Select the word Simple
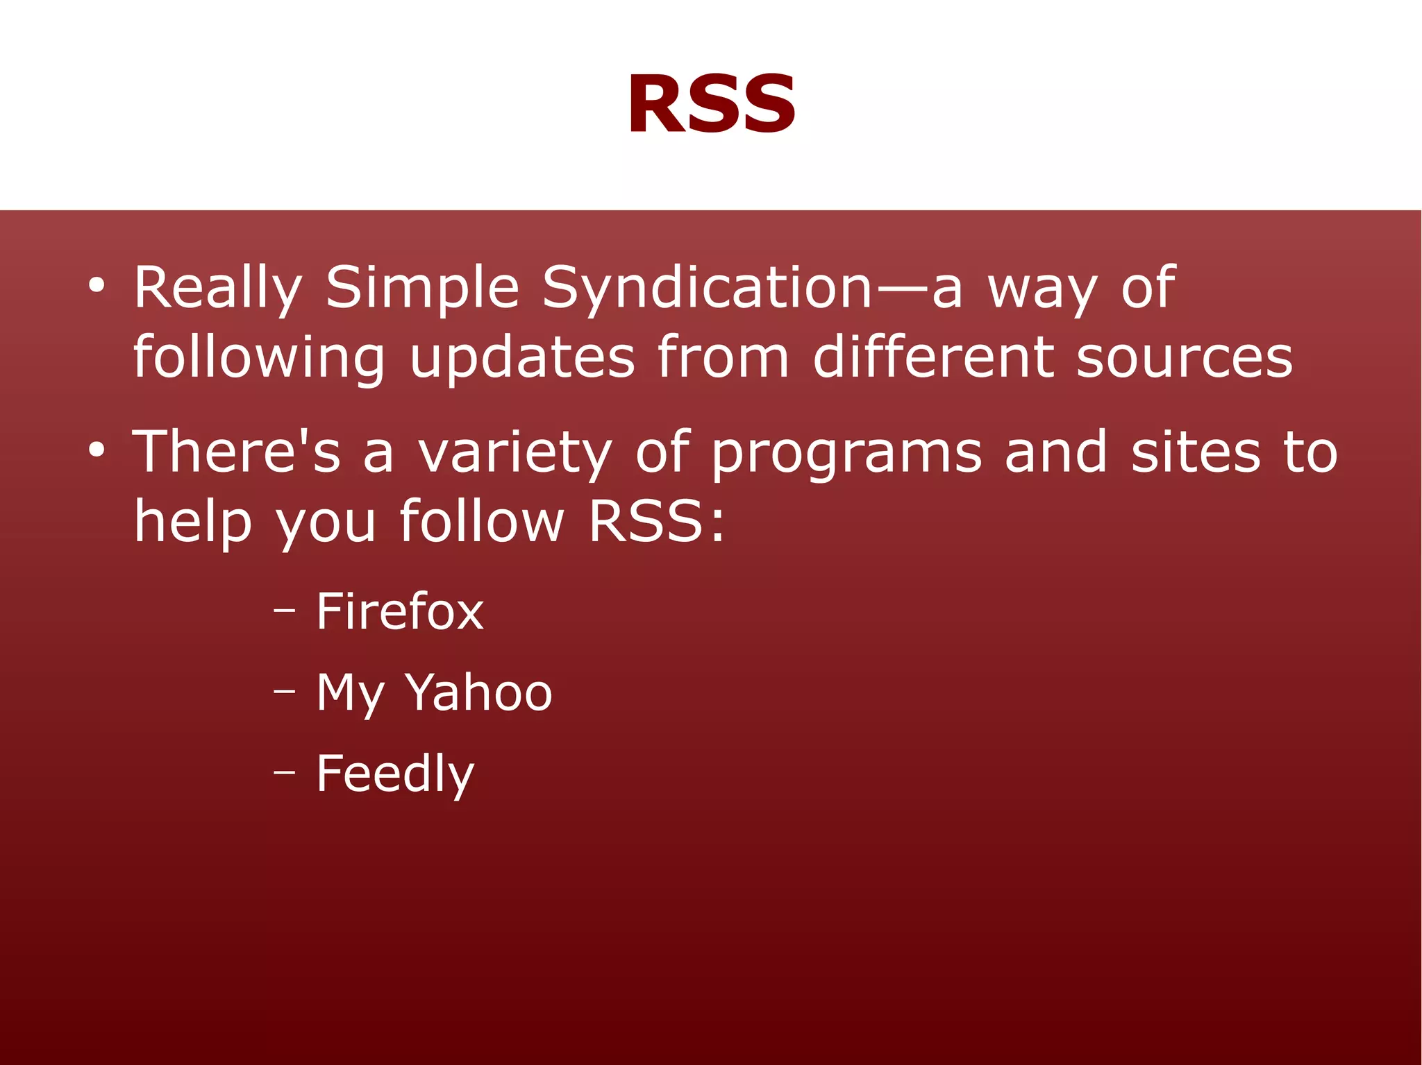point(422,288)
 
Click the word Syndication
point(706,288)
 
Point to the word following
point(258,358)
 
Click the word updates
point(521,358)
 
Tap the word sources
point(1185,358)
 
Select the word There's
point(236,452)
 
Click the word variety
point(515,452)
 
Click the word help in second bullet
point(192,522)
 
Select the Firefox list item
point(399,612)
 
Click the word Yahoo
point(478,693)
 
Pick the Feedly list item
point(395,774)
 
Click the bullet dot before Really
point(97,286)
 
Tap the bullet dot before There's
point(97,451)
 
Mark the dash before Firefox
point(284,611)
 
